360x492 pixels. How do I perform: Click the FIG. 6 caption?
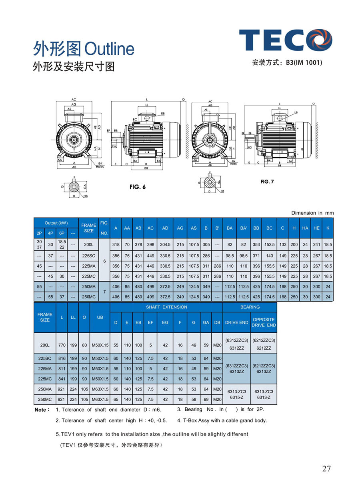[138, 187]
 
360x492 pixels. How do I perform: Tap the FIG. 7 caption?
[267, 182]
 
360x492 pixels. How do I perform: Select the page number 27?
[326, 468]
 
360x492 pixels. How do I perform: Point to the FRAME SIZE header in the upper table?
[88, 228]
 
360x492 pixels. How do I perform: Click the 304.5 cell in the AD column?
[165, 244]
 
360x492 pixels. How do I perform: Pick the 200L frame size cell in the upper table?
[88, 244]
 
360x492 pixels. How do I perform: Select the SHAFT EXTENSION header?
[166, 307]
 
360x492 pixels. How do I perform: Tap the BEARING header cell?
[250, 307]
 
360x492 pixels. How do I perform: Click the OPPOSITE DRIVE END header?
[263, 322]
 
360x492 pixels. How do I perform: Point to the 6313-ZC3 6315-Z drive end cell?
[237, 394]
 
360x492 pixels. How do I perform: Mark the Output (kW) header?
[56, 223]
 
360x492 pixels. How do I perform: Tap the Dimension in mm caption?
[312, 213]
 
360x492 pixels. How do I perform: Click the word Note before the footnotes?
[42, 410]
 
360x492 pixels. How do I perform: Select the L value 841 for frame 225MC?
[62, 379]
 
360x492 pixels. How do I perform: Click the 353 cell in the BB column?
[256, 244]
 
